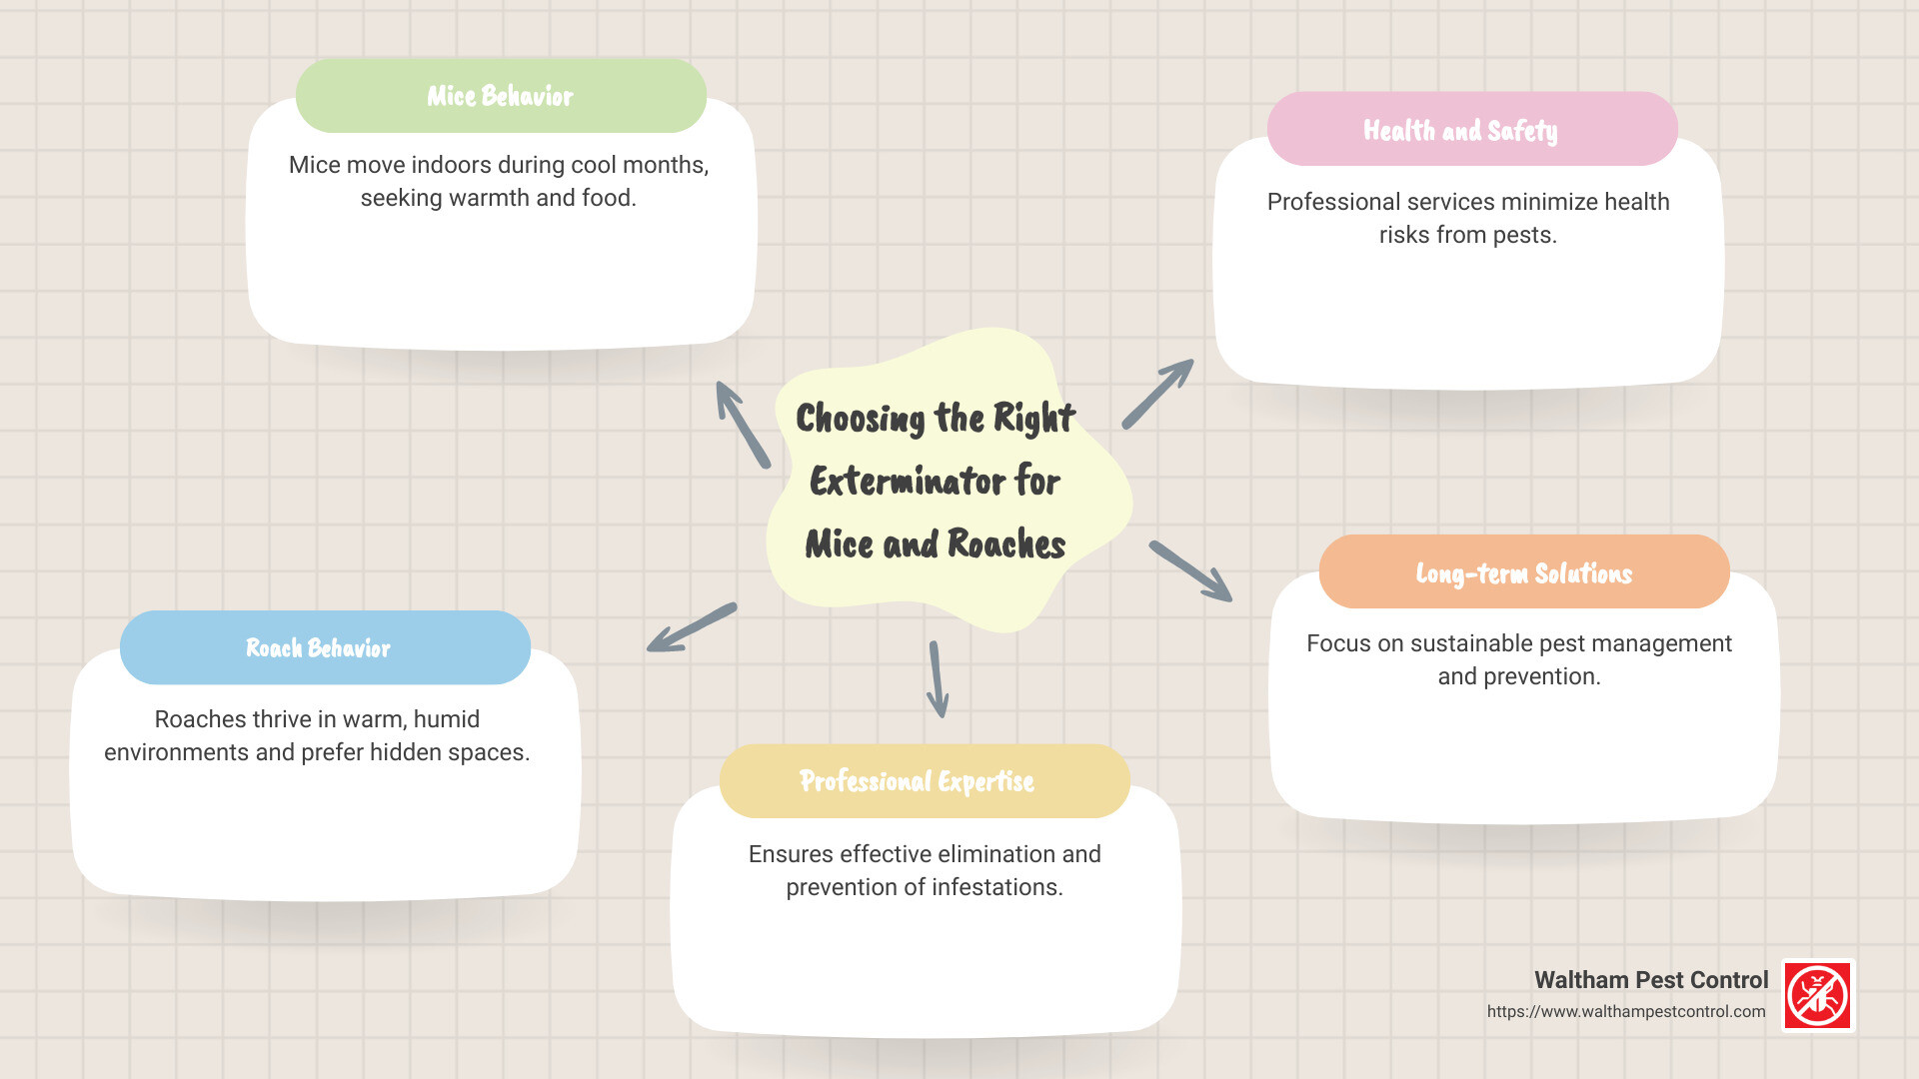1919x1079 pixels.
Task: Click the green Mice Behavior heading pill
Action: click(501, 96)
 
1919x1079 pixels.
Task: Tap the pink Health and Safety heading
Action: click(1471, 130)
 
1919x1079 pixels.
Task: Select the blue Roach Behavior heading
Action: click(325, 647)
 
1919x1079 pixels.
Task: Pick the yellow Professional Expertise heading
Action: click(925, 781)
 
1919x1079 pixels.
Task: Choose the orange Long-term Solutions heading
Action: click(1524, 572)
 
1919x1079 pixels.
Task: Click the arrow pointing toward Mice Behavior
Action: click(743, 425)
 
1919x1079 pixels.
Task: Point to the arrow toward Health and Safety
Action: click(1157, 395)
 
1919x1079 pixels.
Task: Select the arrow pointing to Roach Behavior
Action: click(692, 627)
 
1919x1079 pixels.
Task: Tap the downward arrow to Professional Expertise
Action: click(937, 679)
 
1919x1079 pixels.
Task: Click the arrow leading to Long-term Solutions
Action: click(1190, 570)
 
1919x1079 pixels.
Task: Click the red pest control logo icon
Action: click(1818, 995)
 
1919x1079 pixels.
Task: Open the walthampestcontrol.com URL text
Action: click(1626, 1011)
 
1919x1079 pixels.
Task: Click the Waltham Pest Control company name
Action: click(1651, 980)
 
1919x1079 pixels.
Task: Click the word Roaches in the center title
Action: click(1005, 544)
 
